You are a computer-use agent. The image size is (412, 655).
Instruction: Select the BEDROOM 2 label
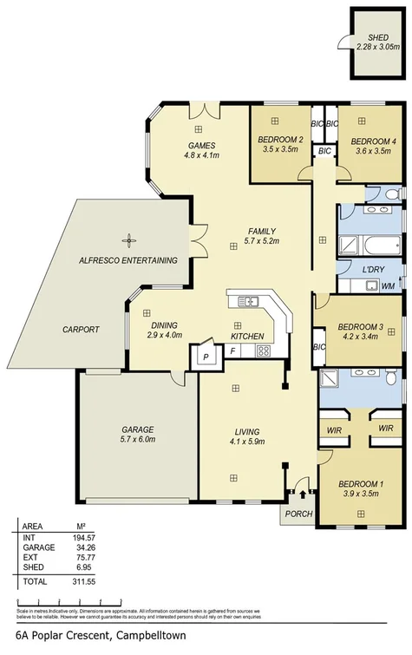tap(279, 139)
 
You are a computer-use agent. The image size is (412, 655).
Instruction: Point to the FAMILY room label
tap(261, 231)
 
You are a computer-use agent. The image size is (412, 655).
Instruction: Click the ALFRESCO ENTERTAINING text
tap(128, 260)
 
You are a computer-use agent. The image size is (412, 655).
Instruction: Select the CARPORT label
tap(82, 330)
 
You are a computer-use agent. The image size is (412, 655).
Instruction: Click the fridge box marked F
tap(232, 350)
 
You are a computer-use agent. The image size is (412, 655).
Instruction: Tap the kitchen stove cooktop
tap(262, 350)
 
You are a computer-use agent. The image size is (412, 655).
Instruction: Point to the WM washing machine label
tap(388, 285)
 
